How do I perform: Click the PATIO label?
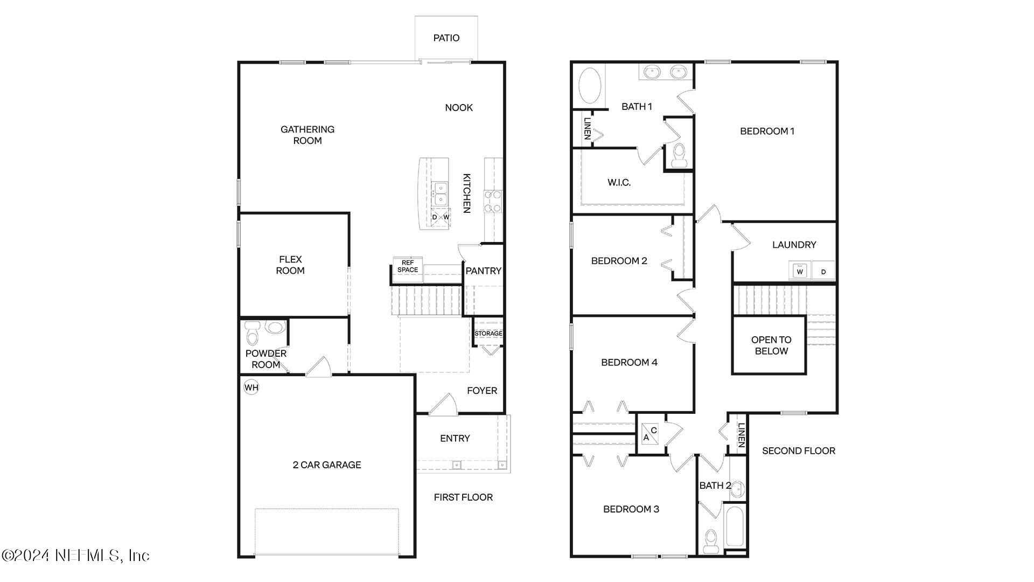tap(446, 38)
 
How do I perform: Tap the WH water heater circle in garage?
tap(251, 387)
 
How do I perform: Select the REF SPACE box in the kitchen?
tap(408, 266)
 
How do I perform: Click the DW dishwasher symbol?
tap(440, 217)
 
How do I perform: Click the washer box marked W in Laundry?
tap(800, 271)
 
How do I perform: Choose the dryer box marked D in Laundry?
tap(823, 271)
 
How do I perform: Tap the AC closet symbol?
tap(650, 434)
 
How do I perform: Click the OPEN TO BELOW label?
tap(771, 345)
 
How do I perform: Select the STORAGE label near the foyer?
tap(488, 334)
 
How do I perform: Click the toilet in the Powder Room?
tap(251, 334)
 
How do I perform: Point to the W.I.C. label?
tap(619, 183)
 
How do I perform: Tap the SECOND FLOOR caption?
tap(798, 451)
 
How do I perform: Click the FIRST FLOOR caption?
tap(463, 497)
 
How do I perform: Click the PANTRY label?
tap(483, 271)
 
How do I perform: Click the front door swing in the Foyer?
tap(444, 405)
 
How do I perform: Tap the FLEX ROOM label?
tap(290, 265)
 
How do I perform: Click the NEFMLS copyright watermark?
tap(75, 555)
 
